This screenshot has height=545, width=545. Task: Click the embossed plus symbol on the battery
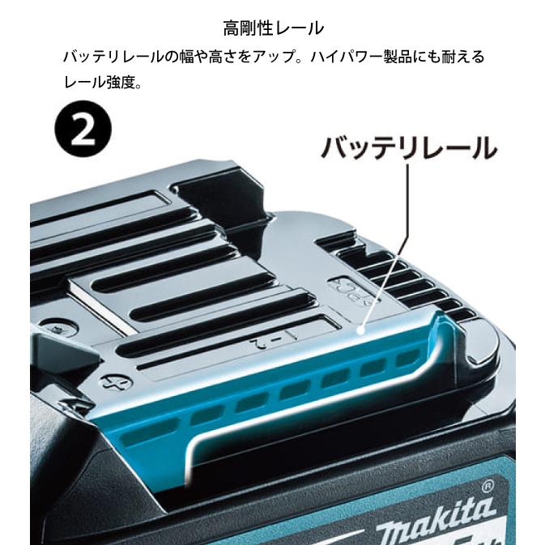coord(107,380)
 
